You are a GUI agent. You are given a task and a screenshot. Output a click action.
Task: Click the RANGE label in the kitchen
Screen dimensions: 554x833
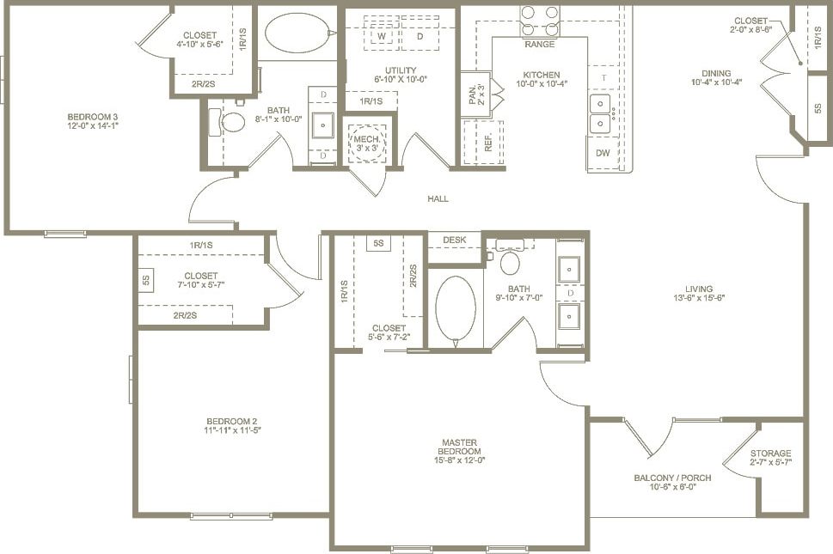click(x=539, y=44)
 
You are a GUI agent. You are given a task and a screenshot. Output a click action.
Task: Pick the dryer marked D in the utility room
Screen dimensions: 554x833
click(x=420, y=37)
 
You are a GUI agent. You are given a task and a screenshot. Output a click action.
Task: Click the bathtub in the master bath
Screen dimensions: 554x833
click(x=455, y=310)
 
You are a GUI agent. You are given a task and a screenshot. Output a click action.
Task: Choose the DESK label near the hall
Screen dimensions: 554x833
click(x=454, y=240)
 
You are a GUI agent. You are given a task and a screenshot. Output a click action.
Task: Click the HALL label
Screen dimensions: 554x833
click(x=438, y=198)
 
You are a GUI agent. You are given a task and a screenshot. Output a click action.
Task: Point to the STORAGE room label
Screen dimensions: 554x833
click(x=770, y=454)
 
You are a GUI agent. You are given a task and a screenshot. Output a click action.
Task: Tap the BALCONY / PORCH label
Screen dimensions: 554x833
click(x=672, y=478)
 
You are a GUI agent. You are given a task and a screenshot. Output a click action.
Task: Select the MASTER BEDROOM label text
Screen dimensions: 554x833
click(x=458, y=447)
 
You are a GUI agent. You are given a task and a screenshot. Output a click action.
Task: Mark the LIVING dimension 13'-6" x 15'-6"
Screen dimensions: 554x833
click(x=699, y=298)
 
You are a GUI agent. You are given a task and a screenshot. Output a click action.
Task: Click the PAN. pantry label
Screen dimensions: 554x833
click(x=473, y=94)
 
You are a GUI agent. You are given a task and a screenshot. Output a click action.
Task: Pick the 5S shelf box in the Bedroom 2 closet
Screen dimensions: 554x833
click(x=145, y=279)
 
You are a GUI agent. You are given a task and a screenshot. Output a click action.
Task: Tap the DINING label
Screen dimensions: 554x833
click(x=715, y=73)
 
